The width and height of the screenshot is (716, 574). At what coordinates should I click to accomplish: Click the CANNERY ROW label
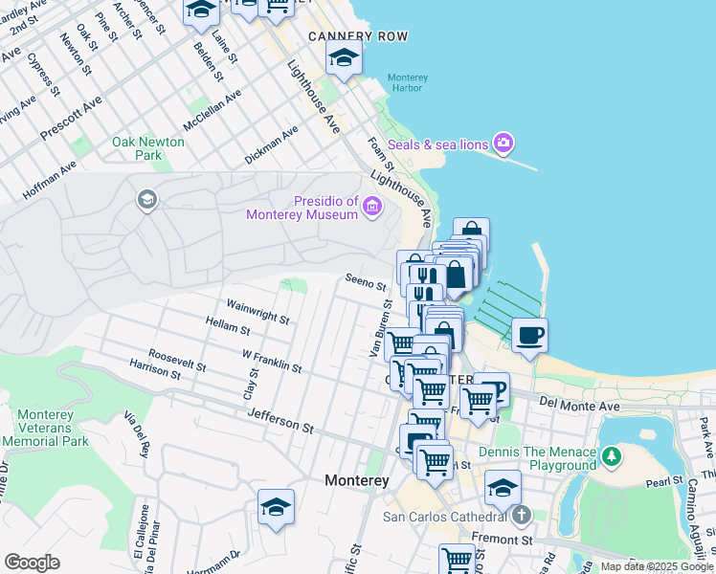coord(358,36)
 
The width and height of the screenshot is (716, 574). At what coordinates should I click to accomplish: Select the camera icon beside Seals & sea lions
coord(503,143)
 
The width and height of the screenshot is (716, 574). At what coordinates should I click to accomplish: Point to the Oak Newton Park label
coord(148,148)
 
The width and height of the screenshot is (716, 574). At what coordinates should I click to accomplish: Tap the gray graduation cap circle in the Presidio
coord(146,199)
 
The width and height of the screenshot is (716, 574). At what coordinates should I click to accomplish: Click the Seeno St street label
coord(366,282)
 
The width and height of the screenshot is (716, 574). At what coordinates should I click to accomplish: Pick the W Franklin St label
coord(271,361)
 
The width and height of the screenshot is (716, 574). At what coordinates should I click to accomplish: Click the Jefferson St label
coord(280,419)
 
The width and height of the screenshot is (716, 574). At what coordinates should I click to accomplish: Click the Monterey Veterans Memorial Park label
coord(45,428)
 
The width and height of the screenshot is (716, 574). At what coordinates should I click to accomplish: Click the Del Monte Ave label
coord(579,407)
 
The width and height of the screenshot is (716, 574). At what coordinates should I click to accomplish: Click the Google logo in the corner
coord(32,563)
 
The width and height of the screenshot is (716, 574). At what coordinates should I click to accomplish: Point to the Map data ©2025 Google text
coord(657,566)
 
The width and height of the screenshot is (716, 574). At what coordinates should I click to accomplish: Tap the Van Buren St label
coord(381,328)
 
